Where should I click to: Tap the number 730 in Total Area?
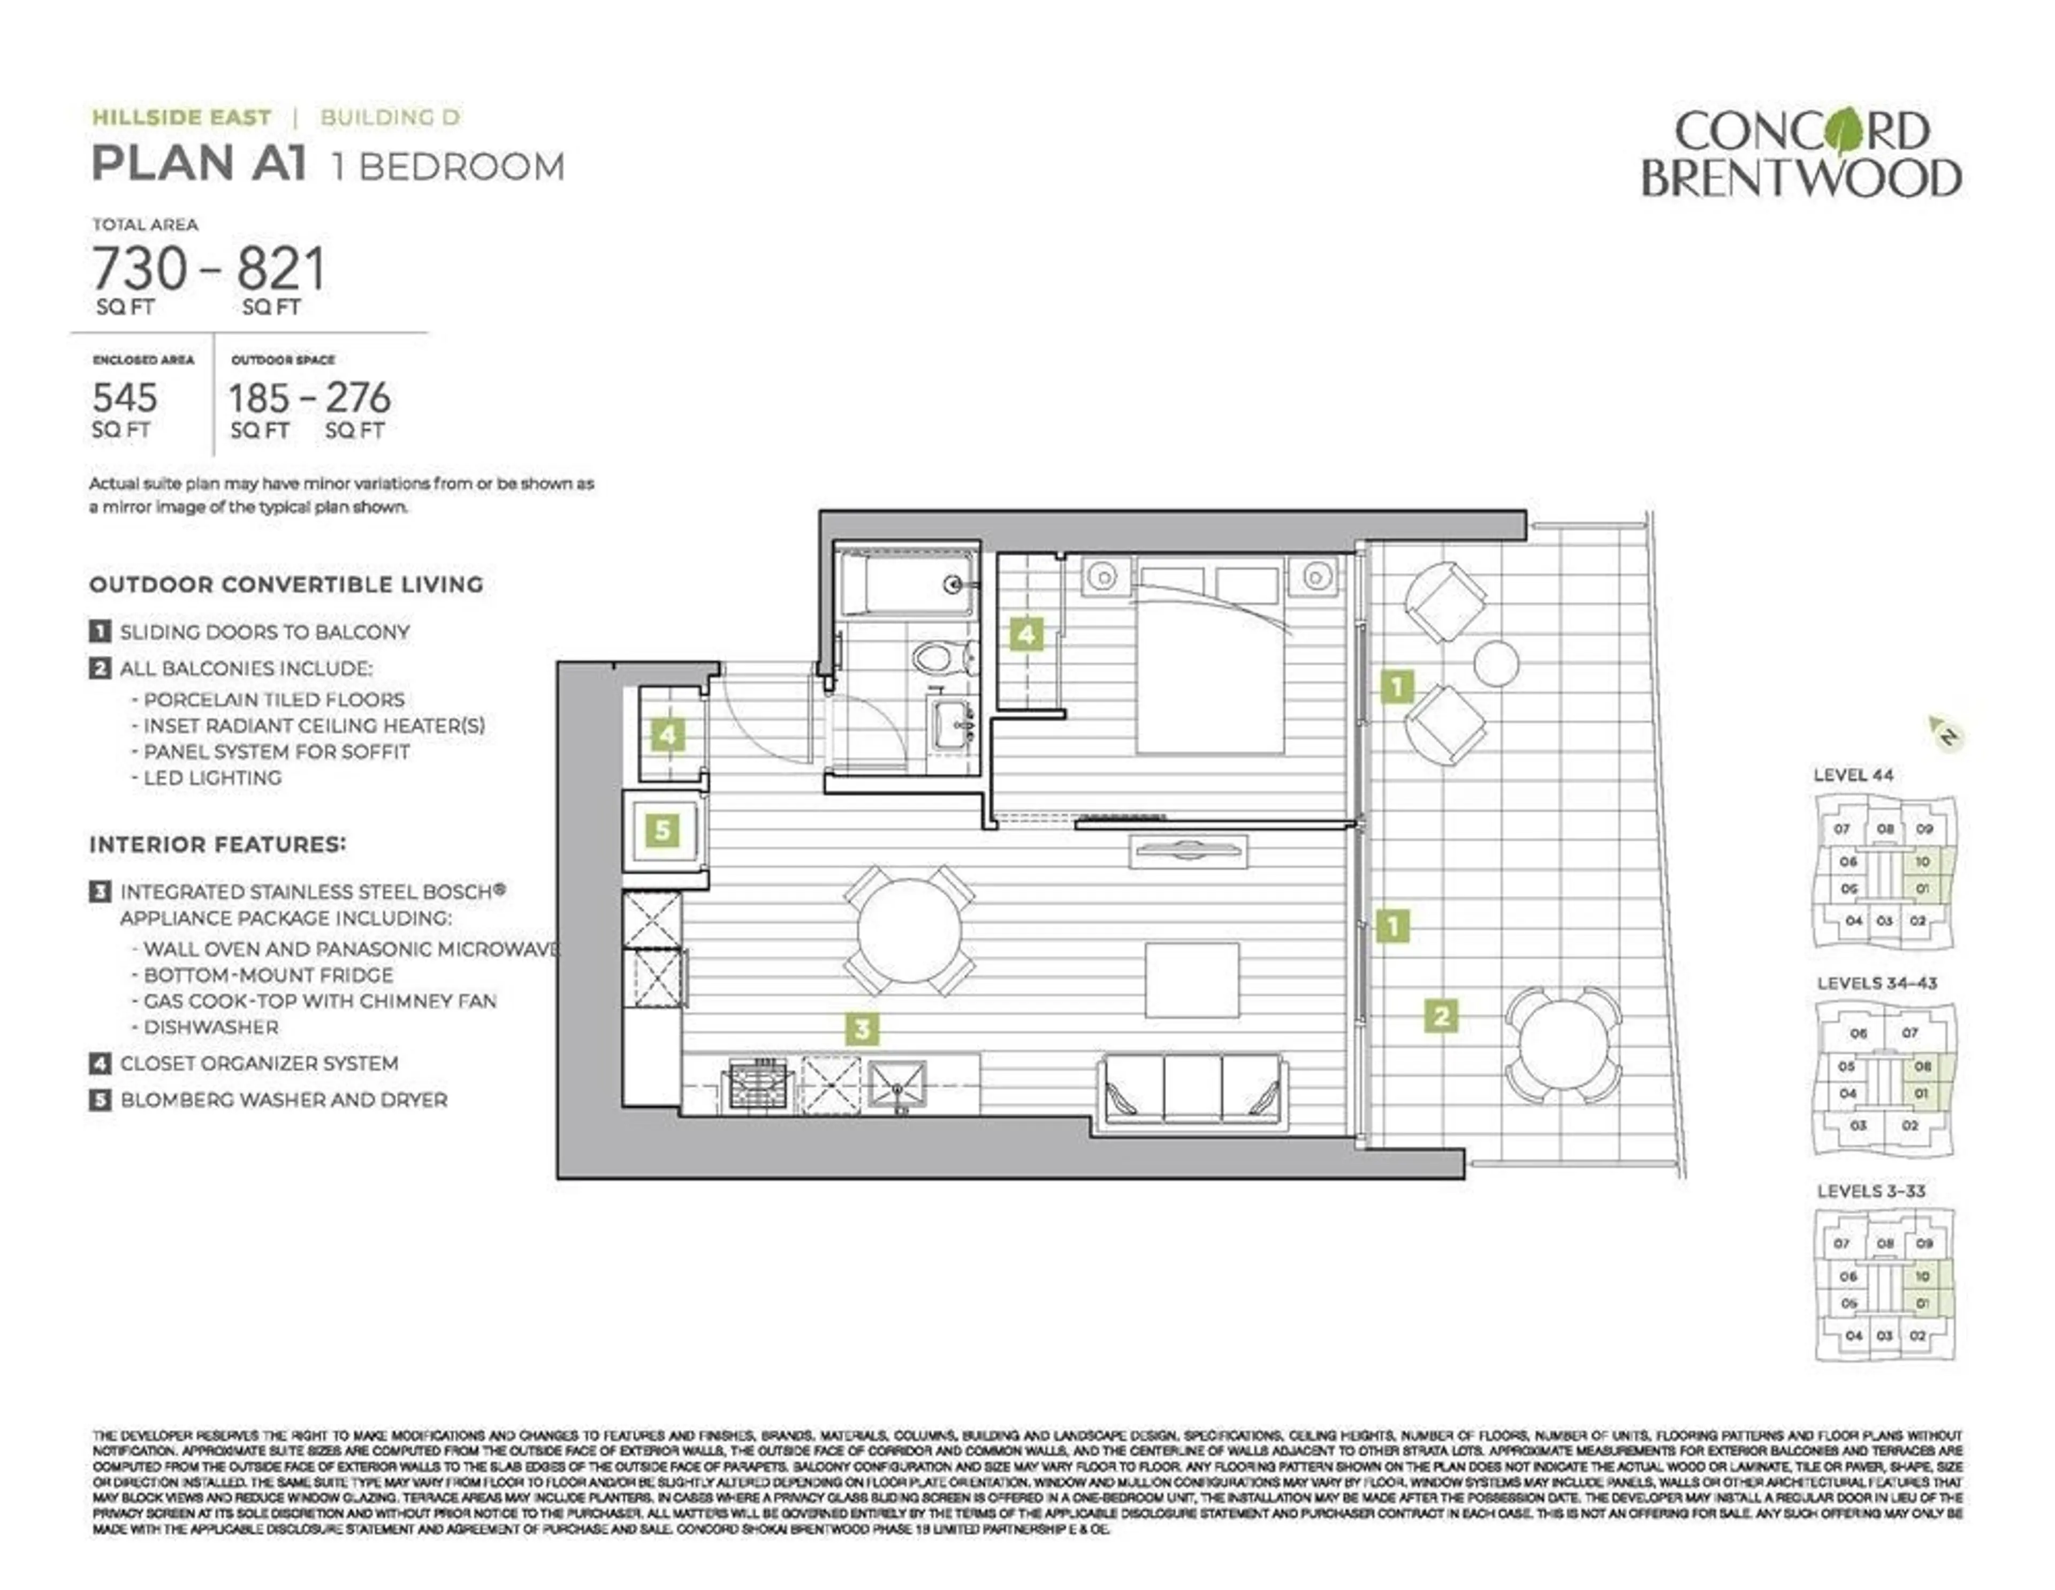click(x=139, y=269)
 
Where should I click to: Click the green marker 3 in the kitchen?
click(x=862, y=1029)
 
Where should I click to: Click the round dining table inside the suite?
click(x=909, y=930)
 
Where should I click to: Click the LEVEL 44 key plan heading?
click(x=1853, y=775)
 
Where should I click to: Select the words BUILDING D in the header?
click(x=390, y=118)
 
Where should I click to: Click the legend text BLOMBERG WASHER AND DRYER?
click(x=283, y=1100)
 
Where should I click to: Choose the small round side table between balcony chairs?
click(x=1495, y=663)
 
